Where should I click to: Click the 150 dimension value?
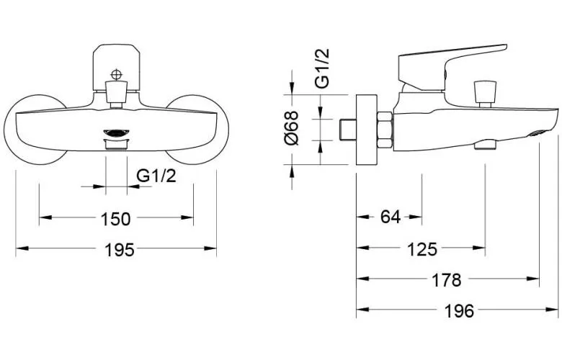[115, 218]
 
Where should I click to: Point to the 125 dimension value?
[422, 249]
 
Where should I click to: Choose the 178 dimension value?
[447, 280]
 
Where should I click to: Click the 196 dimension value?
[459, 311]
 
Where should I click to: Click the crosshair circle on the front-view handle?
[116, 74]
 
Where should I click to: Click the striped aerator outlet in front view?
[115, 133]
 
